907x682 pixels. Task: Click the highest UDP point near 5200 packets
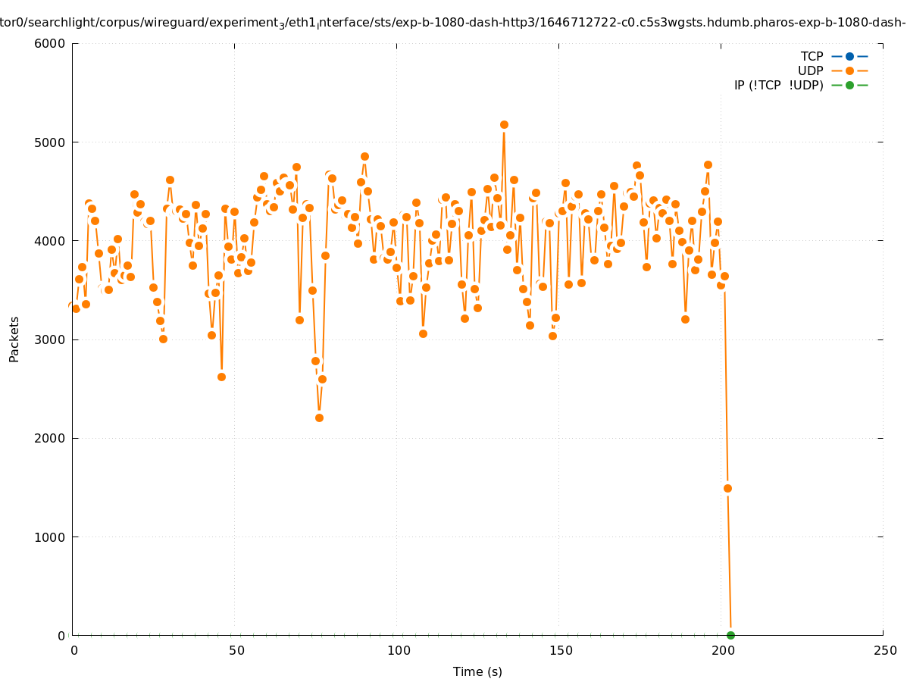point(504,124)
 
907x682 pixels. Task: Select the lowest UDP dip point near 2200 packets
point(319,418)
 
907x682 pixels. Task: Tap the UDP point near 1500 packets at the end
point(727,488)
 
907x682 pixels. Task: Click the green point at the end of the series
point(730,635)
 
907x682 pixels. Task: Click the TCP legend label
point(812,56)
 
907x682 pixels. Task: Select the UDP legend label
point(810,70)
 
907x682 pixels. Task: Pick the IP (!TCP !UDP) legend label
point(778,85)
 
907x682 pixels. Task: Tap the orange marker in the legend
point(849,70)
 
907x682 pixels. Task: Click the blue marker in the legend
point(849,56)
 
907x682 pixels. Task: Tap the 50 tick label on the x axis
point(236,650)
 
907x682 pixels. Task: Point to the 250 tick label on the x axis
point(884,650)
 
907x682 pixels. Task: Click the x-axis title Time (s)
point(477,671)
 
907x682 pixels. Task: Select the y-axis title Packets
point(14,339)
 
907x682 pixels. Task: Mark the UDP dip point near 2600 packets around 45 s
point(221,377)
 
